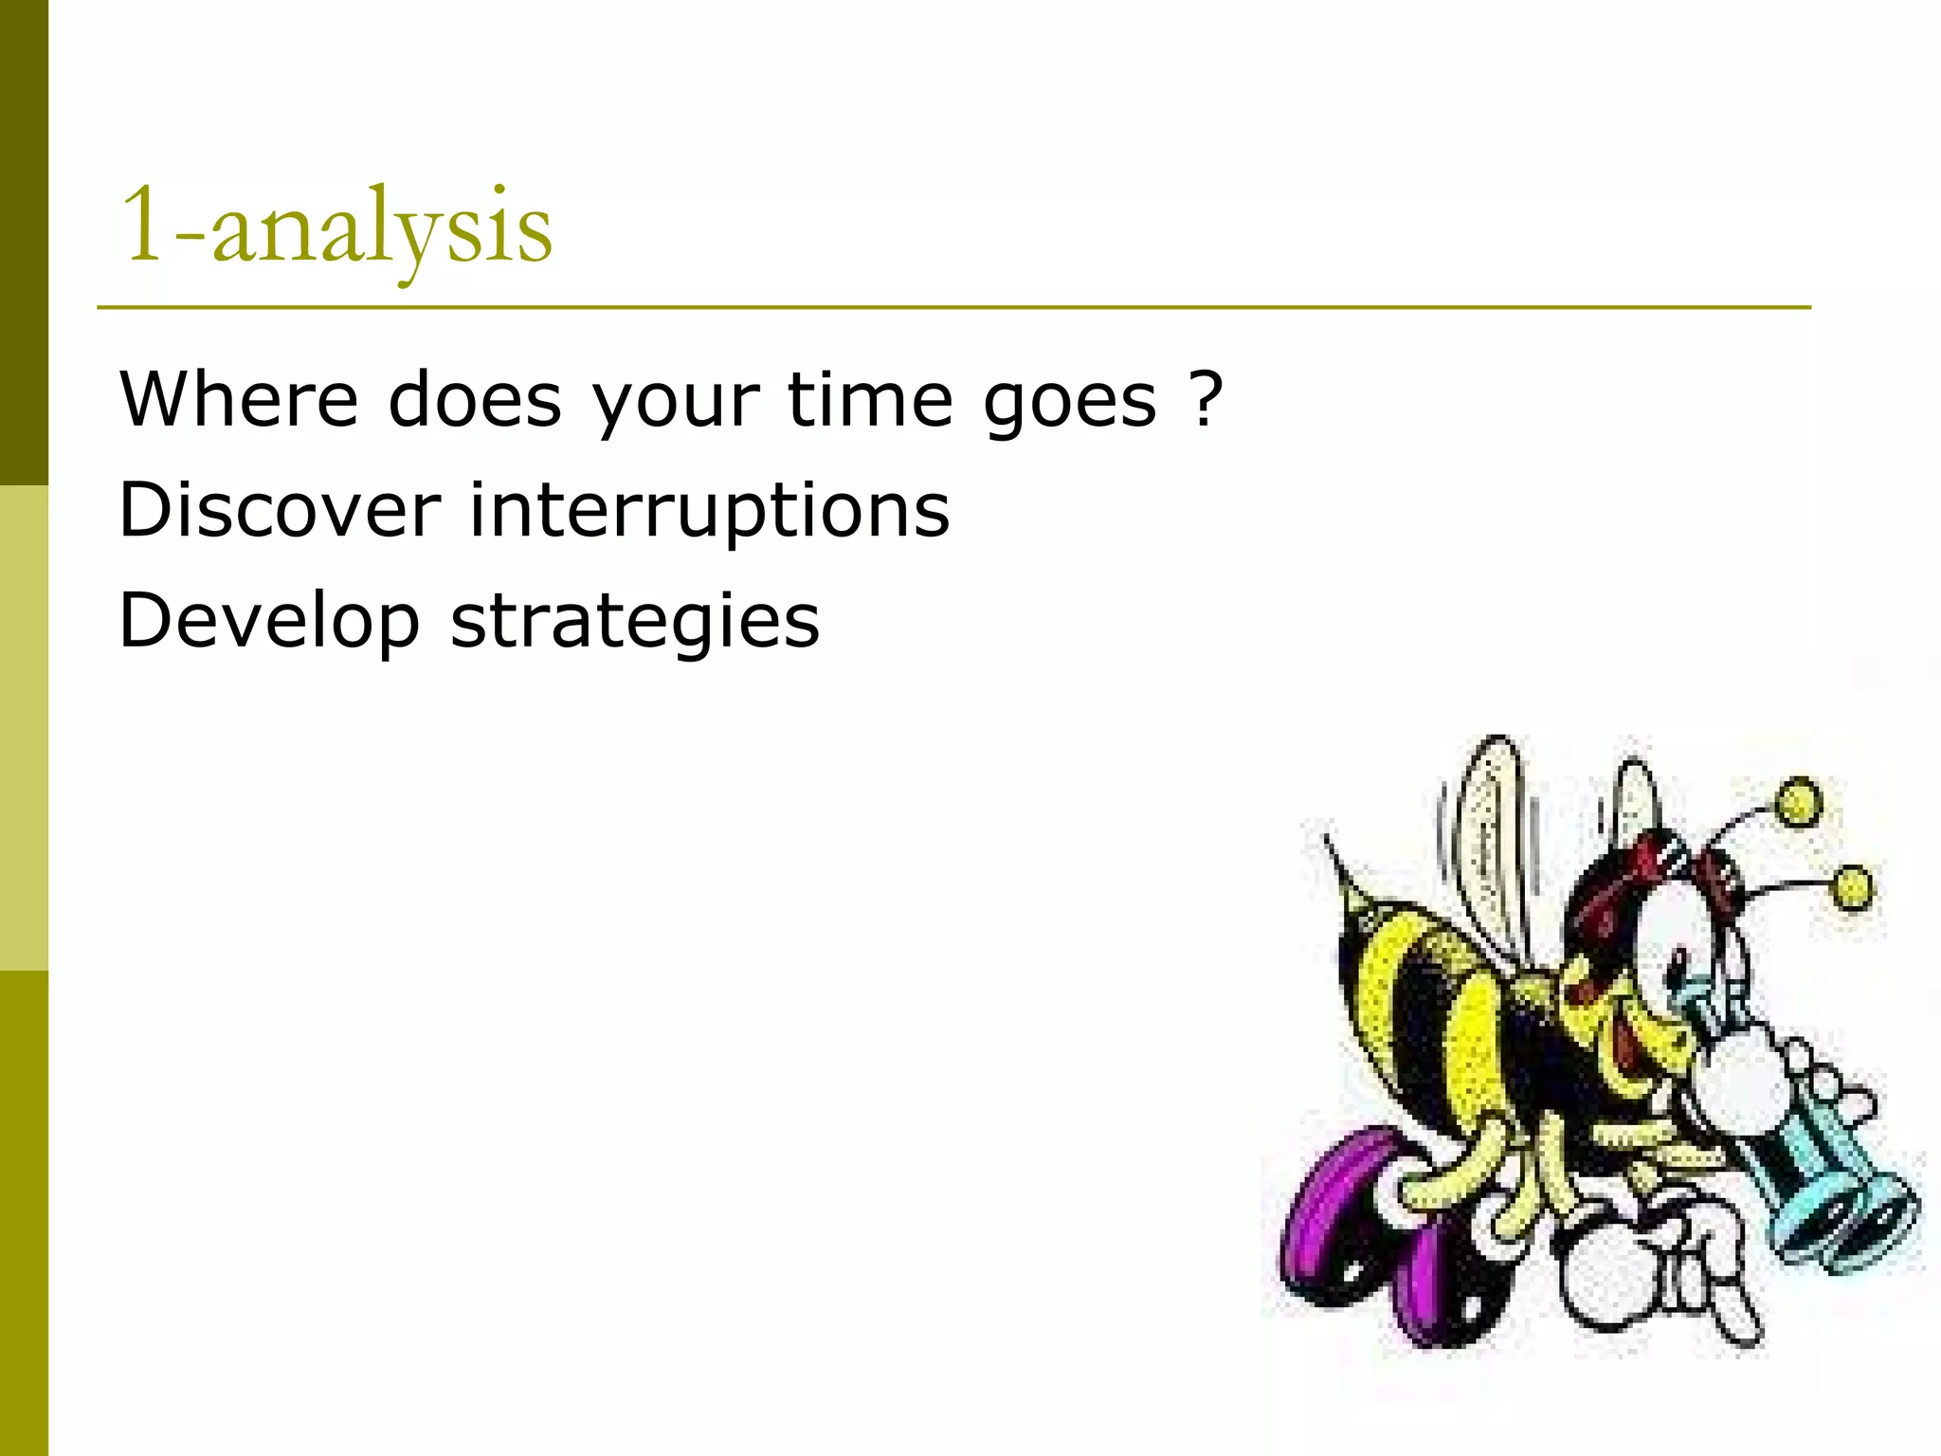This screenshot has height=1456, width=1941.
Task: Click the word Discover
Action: click(280, 510)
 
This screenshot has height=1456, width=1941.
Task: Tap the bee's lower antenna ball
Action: click(1852, 888)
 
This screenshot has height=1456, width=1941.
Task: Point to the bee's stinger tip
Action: click(1327, 840)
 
